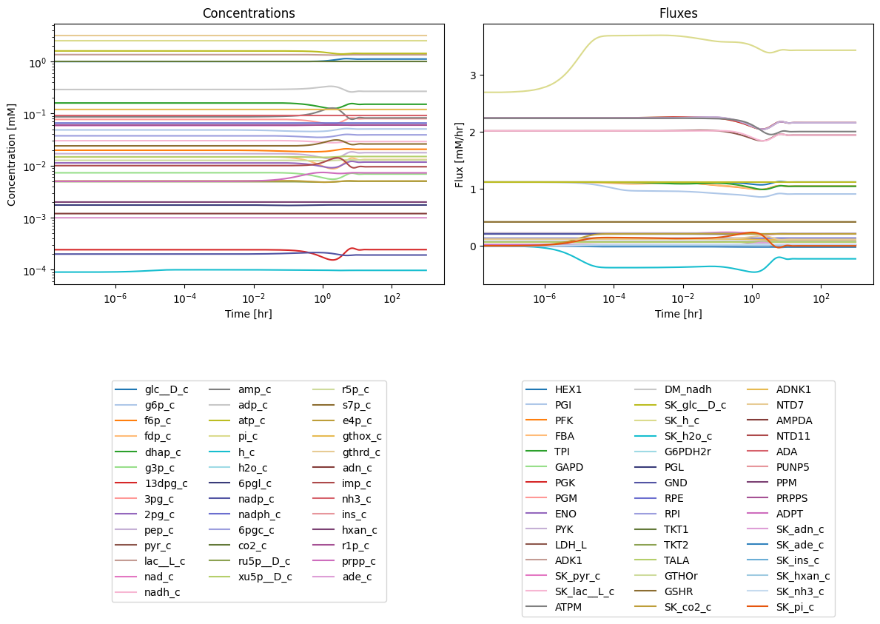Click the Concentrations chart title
[249, 13]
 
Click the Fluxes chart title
[678, 13]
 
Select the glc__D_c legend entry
[152, 389]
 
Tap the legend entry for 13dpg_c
[151, 483]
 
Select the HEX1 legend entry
[554, 389]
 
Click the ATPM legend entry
[554, 607]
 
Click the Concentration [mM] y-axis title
[12, 154]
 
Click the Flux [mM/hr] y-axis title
[460, 154]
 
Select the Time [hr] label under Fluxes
[678, 314]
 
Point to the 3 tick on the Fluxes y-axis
[473, 76]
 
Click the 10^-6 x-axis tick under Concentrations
[115, 298]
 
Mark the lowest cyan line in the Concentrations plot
[241, 270]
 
